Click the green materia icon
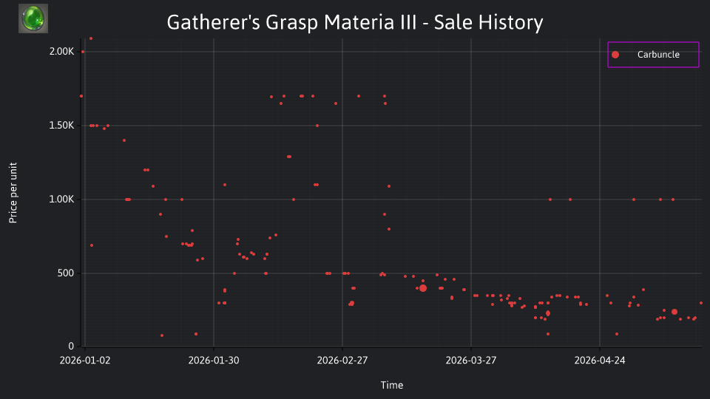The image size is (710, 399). [x=33, y=18]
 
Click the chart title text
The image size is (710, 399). [x=354, y=22]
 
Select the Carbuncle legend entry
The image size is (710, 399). [x=653, y=55]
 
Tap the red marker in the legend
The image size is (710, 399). [x=615, y=55]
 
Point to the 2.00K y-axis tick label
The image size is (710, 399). [x=61, y=52]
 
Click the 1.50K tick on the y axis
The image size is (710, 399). [x=61, y=126]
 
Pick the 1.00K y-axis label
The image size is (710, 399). [x=61, y=199]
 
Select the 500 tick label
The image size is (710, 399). [x=66, y=273]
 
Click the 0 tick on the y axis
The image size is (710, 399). [x=71, y=346]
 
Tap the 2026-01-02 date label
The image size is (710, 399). [x=85, y=361]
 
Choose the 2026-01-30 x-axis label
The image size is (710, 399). [x=214, y=361]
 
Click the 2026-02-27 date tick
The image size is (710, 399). [x=342, y=361]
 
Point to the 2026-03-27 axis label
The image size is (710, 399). [x=471, y=361]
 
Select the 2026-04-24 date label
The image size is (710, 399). [x=600, y=361]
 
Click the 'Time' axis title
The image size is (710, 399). [x=392, y=385]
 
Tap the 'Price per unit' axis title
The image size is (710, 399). [x=13, y=193]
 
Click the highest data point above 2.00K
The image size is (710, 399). [x=90, y=39]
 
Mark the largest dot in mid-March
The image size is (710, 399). [x=423, y=288]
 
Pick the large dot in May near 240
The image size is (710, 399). [x=674, y=312]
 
